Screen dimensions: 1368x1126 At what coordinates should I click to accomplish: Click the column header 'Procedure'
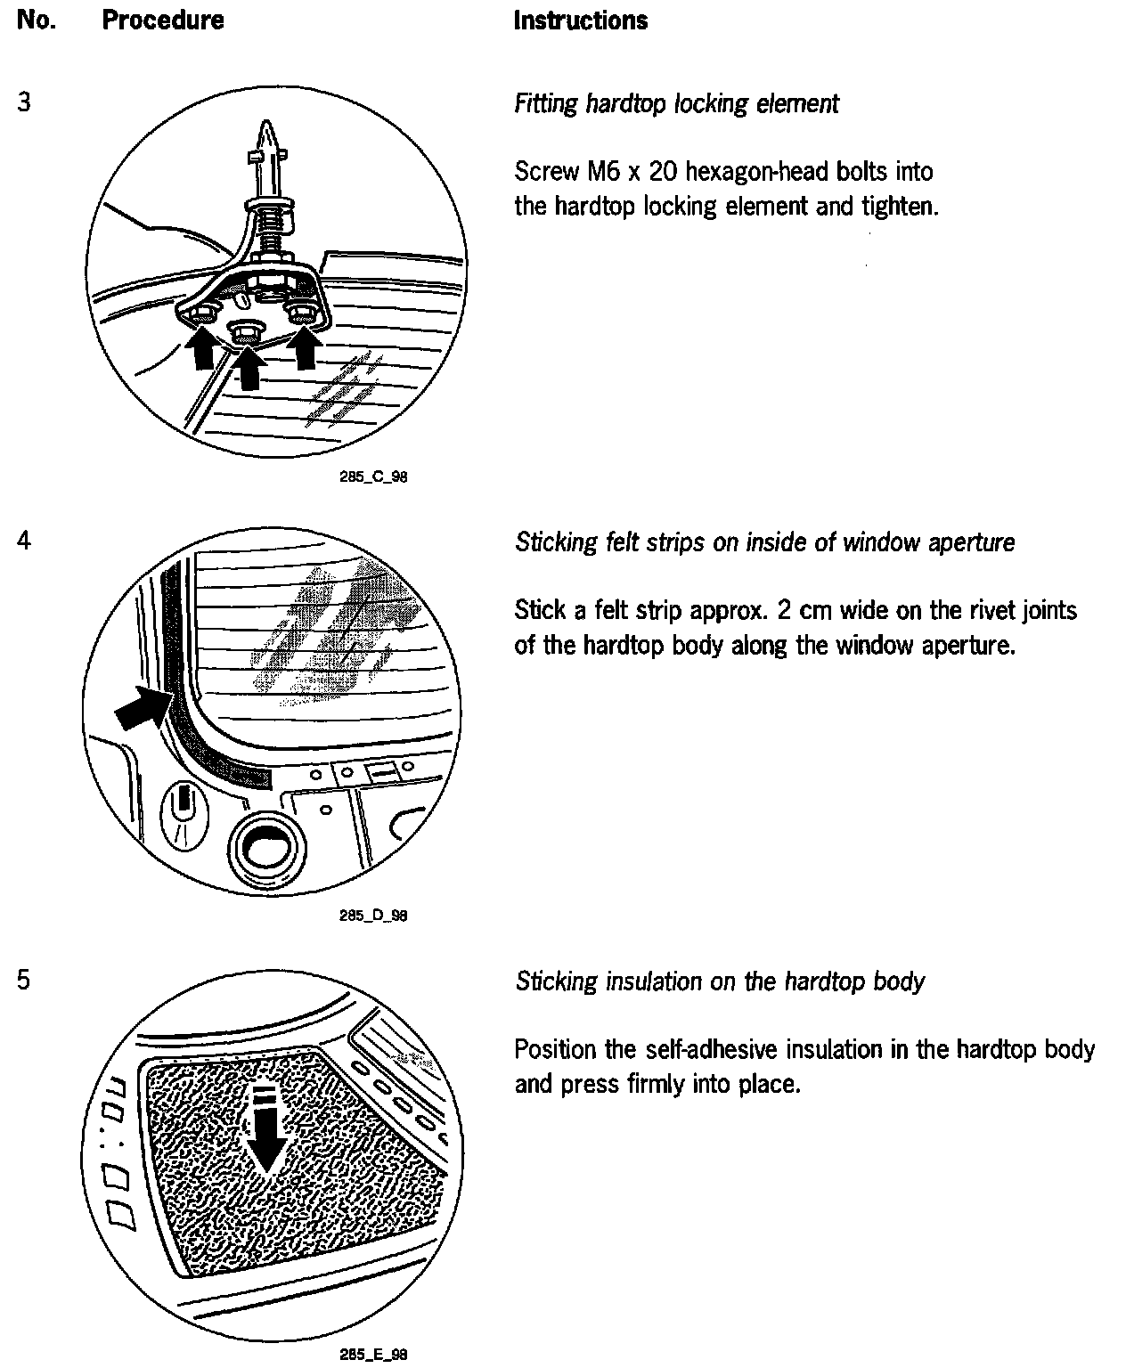click(163, 20)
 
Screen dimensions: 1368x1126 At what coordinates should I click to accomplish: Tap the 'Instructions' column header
click(581, 20)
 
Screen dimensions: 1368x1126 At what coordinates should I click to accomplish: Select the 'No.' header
click(36, 20)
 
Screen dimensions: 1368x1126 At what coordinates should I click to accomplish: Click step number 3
click(24, 102)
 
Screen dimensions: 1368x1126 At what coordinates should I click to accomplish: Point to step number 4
click(24, 541)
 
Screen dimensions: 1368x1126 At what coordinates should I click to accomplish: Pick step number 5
click(24, 980)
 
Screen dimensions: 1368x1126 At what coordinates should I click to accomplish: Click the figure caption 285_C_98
click(373, 477)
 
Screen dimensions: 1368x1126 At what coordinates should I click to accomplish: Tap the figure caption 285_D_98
click(373, 916)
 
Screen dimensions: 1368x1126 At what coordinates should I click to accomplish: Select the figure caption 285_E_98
click(373, 1355)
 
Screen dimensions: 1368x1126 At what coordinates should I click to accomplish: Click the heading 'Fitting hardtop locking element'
click(676, 104)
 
